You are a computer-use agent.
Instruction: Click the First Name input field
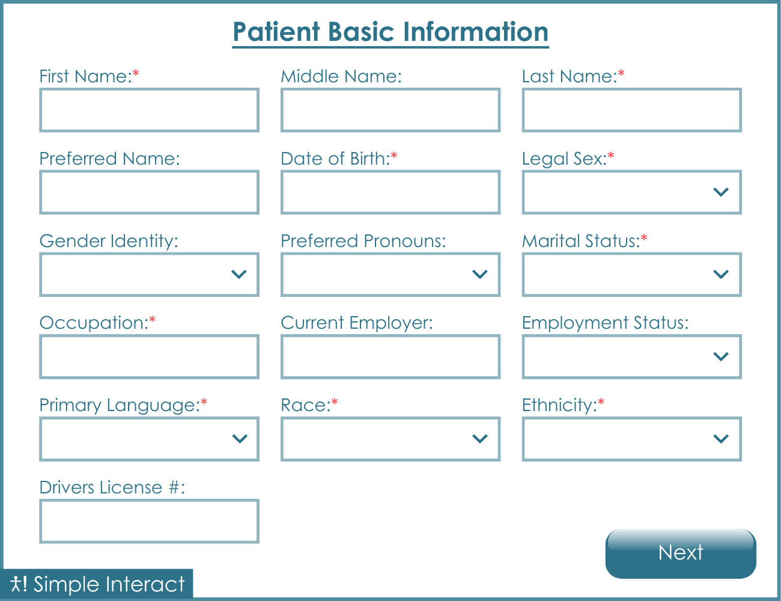point(149,110)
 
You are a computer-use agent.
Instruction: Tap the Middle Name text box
point(390,110)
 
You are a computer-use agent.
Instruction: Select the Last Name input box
point(631,110)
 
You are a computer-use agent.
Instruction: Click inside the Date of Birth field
point(390,192)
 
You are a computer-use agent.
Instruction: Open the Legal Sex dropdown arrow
point(720,192)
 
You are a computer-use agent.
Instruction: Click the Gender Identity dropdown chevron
point(239,275)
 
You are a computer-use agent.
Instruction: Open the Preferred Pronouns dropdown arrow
point(479,275)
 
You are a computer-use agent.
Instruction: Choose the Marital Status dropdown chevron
point(720,275)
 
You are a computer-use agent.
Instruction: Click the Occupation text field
point(149,357)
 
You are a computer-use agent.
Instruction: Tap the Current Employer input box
point(390,357)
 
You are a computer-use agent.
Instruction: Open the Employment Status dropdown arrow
point(720,357)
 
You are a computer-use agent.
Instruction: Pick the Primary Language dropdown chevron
point(239,439)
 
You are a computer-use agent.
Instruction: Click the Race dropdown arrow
point(479,439)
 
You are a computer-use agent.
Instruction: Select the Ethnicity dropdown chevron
point(720,439)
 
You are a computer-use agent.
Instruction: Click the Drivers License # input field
point(149,521)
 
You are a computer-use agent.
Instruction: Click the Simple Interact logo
point(98,584)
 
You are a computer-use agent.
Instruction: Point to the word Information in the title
point(476,32)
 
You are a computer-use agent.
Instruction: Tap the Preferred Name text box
point(149,192)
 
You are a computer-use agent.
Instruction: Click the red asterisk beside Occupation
point(153,320)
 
